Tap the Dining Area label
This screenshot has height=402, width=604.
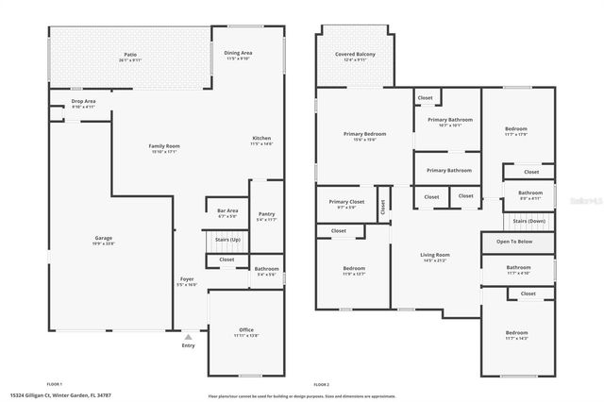[238, 53]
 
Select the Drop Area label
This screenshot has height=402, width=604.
[83, 101]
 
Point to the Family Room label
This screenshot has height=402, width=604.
[164, 146]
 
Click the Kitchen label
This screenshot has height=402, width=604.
[261, 139]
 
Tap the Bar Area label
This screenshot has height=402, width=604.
[227, 210]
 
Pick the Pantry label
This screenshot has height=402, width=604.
[266, 214]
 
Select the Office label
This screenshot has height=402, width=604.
[245, 330]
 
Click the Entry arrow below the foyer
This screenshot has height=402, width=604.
[189, 337]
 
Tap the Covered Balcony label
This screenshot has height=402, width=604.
[355, 55]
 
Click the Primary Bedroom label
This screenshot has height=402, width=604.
[362, 135]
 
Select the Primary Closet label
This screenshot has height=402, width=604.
[346, 202]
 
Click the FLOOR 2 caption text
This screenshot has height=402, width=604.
[322, 384]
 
